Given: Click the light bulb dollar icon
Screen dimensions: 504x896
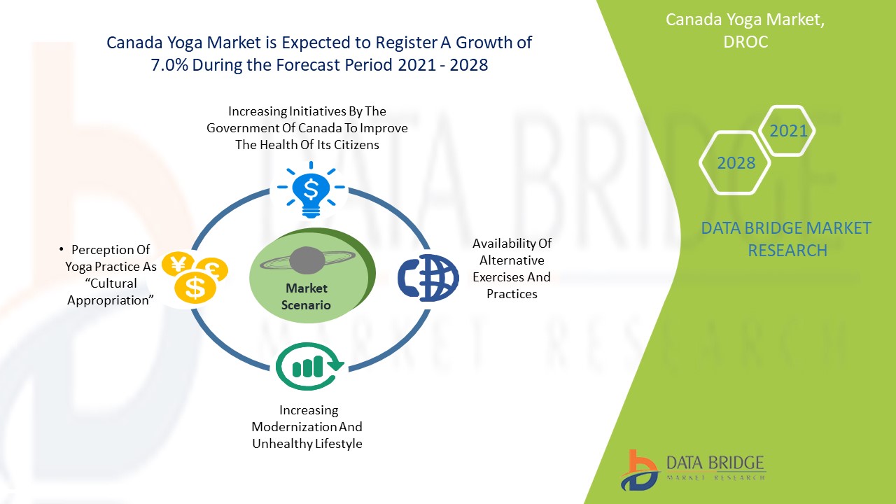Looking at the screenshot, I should [x=311, y=188].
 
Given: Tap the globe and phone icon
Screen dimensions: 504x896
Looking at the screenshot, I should [x=428, y=278].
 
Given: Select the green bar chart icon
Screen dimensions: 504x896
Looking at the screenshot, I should [x=309, y=366].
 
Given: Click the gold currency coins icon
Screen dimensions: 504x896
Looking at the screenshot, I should [x=194, y=276].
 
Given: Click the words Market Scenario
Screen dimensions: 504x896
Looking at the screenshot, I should [x=306, y=297].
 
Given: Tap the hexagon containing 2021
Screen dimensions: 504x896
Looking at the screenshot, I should [x=788, y=131].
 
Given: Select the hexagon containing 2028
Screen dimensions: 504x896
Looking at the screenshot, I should [x=736, y=163].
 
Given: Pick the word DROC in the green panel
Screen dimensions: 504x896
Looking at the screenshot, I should [x=745, y=42].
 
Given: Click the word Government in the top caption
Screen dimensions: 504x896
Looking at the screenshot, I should [x=241, y=128].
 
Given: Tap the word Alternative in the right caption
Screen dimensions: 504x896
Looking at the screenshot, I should [x=512, y=260].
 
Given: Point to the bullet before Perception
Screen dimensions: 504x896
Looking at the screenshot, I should [x=62, y=250].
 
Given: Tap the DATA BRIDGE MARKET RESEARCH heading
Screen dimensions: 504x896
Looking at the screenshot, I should [x=787, y=239].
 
